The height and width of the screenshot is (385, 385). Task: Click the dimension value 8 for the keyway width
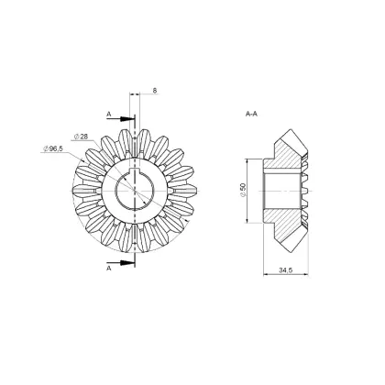[155, 91]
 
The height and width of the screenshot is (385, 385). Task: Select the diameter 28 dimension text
[81, 137]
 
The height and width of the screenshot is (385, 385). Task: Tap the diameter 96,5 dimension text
[52, 148]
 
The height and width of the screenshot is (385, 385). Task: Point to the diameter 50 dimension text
[243, 190]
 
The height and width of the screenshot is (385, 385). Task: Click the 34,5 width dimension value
[286, 270]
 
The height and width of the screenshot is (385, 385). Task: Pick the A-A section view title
[251, 114]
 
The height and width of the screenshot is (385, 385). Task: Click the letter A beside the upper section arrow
[109, 114]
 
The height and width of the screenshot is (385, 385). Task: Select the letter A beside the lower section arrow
[109, 268]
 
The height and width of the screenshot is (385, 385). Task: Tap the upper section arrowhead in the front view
[126, 118]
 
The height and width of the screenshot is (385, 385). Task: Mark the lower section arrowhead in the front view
[126, 262]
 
